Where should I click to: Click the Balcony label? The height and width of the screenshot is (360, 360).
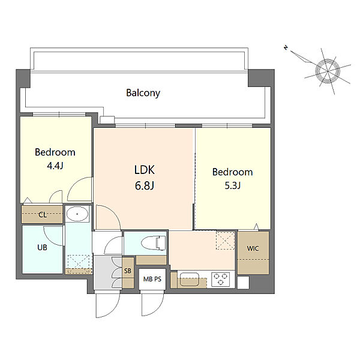143,93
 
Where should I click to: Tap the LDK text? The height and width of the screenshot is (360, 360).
145,170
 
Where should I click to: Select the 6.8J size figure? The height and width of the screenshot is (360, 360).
145,185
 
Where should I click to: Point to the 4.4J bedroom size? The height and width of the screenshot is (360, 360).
55,166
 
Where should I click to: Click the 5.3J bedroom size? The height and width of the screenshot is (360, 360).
233,185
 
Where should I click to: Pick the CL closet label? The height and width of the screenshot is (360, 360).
43,215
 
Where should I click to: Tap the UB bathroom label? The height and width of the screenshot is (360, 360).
42,247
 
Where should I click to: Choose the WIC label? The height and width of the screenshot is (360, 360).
253,248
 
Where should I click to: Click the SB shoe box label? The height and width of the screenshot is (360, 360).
128,271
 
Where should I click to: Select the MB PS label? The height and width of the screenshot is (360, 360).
152,279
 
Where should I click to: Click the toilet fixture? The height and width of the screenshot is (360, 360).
154,243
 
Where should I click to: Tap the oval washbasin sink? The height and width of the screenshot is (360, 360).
77,214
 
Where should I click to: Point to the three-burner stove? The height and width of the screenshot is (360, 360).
221,279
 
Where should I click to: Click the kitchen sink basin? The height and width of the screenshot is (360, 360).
190,279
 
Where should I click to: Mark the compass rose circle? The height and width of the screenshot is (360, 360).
328,70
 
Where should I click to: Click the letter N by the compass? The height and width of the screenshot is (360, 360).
286,48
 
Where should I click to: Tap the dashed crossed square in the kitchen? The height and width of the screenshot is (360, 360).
226,241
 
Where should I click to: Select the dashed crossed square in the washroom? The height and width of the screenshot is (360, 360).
79,262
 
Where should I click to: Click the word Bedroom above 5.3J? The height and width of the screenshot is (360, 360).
233,172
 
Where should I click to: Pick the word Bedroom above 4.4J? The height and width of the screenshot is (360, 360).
55,152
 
